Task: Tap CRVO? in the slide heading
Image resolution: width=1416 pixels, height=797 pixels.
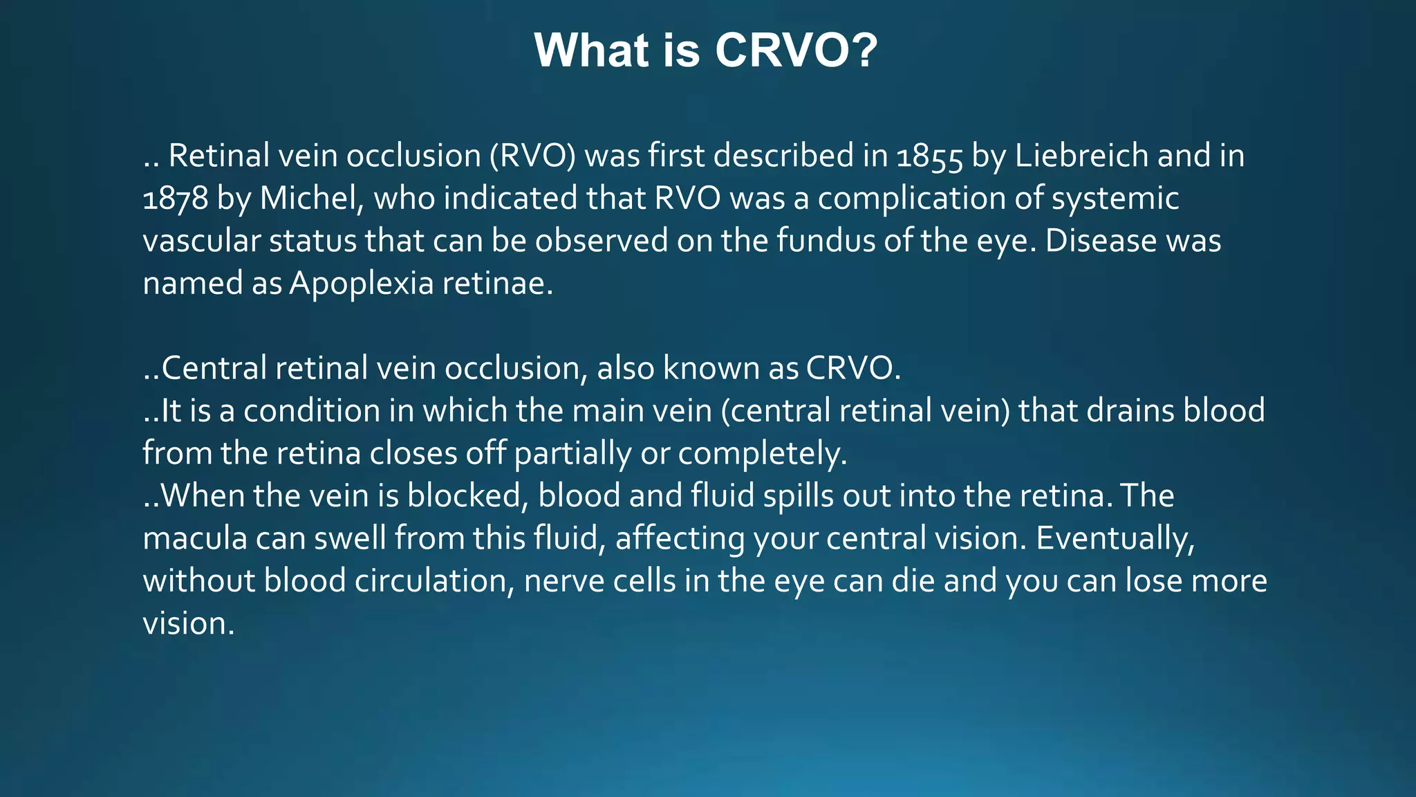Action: [x=796, y=51]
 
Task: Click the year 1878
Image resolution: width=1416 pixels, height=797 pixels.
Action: [x=175, y=199]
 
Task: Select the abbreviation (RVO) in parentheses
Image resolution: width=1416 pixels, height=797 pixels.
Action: [x=532, y=156]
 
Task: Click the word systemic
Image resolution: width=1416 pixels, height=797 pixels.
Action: [x=1115, y=199]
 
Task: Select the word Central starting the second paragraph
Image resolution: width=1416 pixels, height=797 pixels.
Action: [x=214, y=368]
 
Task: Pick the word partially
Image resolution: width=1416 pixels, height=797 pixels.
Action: [x=572, y=454]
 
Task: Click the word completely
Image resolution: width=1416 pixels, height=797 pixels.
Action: [x=762, y=454]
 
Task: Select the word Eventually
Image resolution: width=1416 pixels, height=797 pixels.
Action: [x=1115, y=538]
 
